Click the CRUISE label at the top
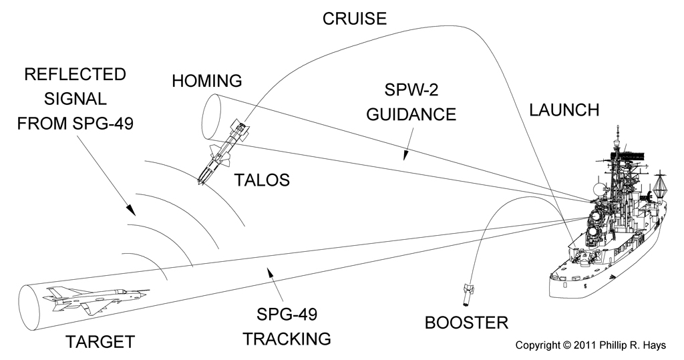pos(355,18)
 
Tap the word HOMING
pos(206,81)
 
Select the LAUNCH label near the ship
pos(564,110)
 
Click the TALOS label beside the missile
pos(262,180)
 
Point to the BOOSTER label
pos(466,323)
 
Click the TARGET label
pos(100,343)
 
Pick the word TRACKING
pos(287,338)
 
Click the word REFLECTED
pos(74,73)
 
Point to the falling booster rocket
pos(468,290)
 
